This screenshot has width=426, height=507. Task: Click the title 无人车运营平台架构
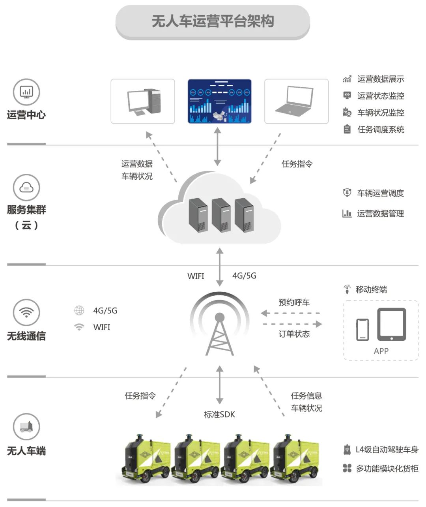coord(213,22)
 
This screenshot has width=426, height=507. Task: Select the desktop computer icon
coord(143,101)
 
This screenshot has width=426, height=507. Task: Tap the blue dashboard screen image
coord(219,101)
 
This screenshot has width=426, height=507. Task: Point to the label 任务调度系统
coord(381,130)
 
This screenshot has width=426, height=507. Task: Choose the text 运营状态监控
coord(381,96)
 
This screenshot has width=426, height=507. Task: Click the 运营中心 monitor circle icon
coord(26,92)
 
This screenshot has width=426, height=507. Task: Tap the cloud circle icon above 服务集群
coord(26,187)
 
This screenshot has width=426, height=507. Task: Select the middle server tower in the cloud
coord(221,215)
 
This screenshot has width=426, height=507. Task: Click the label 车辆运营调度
coord(380,193)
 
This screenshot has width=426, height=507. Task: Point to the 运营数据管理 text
coord(380,214)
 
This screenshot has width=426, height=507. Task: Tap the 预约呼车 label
coord(294,302)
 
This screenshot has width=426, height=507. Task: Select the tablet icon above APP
coord(391,324)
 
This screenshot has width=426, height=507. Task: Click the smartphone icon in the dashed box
coord(362,329)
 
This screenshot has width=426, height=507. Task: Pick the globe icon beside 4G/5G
coord(79,311)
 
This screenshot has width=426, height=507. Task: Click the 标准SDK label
coord(219,414)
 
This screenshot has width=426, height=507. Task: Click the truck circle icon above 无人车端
coord(26,426)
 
